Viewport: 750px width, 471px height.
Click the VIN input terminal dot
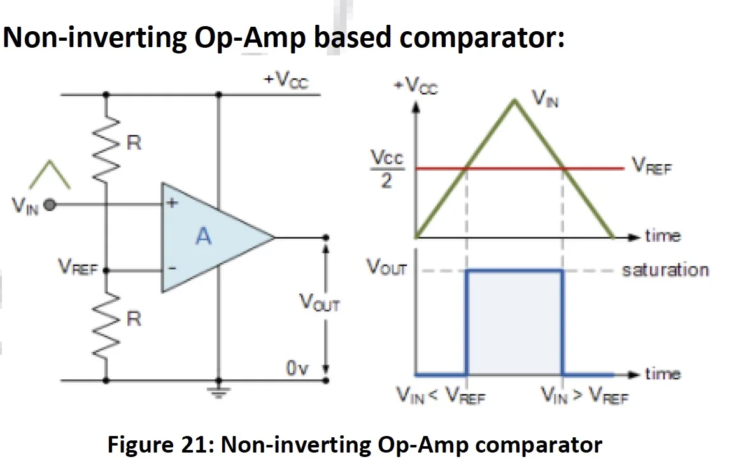51,205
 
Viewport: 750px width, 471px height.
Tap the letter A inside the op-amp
203,237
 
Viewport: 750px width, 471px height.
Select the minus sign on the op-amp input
171,269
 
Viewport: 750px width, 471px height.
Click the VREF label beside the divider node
78,267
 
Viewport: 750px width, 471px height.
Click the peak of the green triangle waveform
514,99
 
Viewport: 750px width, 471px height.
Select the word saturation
665,269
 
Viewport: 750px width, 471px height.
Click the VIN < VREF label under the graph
441,397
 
